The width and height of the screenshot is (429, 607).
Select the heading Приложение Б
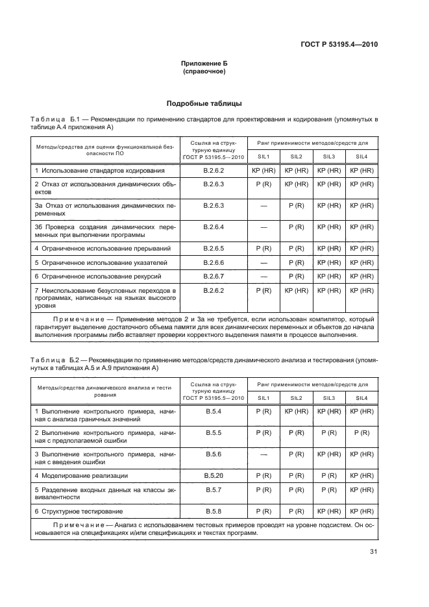tap(204, 64)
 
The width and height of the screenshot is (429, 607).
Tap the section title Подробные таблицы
tap(204, 103)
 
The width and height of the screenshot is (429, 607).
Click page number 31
tap(373, 552)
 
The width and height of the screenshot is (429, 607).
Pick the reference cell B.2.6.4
tap(214, 227)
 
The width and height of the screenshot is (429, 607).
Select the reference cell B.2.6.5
tap(214, 249)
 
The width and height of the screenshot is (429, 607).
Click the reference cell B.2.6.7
tap(214, 276)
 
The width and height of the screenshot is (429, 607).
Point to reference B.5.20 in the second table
tap(214, 475)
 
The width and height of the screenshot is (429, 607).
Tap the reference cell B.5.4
tap(214, 412)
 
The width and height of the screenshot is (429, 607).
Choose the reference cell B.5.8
tap(214, 511)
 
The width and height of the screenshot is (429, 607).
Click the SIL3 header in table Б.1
tap(329, 156)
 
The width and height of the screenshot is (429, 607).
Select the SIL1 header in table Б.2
tap(264, 397)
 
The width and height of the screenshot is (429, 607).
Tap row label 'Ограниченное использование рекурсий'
tap(95, 276)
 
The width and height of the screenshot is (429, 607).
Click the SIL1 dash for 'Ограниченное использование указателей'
tap(264, 262)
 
